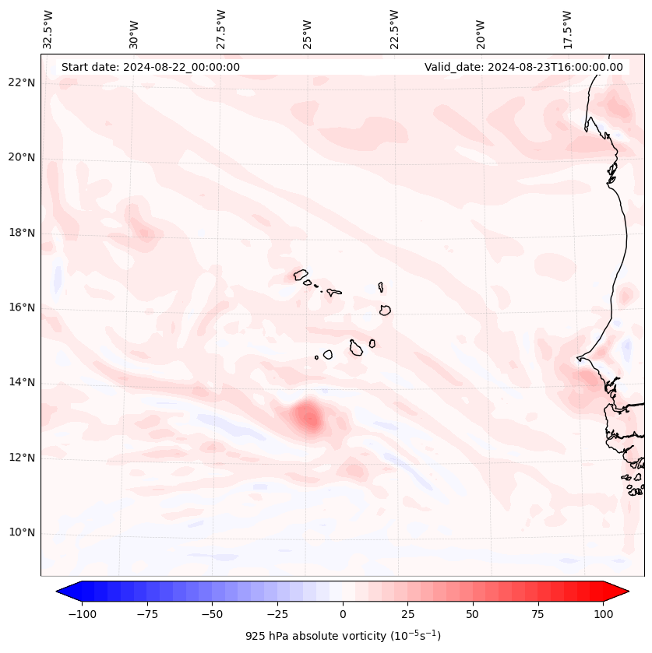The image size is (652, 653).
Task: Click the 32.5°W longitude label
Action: [x=48, y=30]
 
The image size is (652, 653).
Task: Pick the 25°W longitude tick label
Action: [x=308, y=30]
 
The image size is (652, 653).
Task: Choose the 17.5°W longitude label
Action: [x=568, y=30]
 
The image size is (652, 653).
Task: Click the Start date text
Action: [x=150, y=67]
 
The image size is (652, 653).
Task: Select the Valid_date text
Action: [x=523, y=67]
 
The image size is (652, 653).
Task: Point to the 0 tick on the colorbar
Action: [x=343, y=614]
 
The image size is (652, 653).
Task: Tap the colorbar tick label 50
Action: [x=473, y=614]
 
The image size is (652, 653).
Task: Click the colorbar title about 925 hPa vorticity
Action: [x=343, y=636]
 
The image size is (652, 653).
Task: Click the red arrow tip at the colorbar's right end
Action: [x=623, y=591]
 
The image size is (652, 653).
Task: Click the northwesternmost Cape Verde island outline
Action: [x=301, y=274]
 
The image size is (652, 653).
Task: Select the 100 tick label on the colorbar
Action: [x=603, y=614]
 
